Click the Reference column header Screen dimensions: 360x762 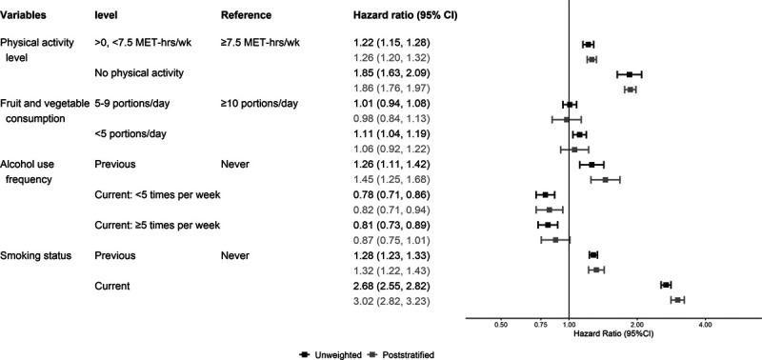246,16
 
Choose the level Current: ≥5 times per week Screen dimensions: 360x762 158,225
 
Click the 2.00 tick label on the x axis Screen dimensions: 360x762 637,324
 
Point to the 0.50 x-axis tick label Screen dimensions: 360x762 500,324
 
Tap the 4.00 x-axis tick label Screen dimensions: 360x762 706,324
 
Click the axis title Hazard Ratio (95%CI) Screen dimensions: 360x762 614,335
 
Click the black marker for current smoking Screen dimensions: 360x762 666,285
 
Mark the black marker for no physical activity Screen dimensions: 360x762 630,73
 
